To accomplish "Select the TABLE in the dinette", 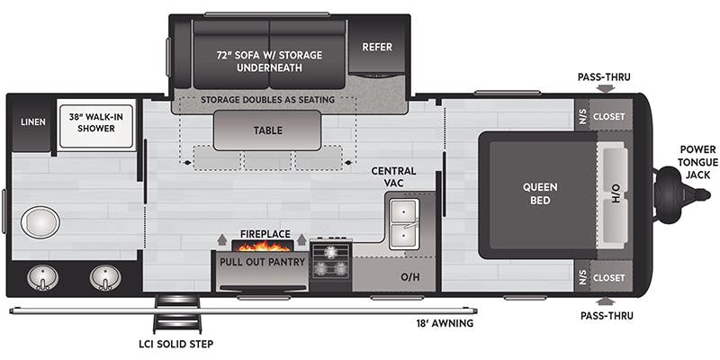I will [x=267, y=130].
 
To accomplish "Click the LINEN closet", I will [x=33, y=122].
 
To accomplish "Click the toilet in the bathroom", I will [x=40, y=221].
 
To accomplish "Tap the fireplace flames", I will [x=264, y=244].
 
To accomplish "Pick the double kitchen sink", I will [x=403, y=223].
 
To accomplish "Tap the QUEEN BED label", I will [x=540, y=193].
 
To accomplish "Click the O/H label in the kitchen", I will [x=410, y=276].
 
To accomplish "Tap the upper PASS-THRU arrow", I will [x=606, y=88].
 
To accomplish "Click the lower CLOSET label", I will [x=609, y=277].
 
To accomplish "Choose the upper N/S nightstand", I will [x=582, y=116].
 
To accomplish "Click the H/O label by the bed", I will [x=616, y=193].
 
